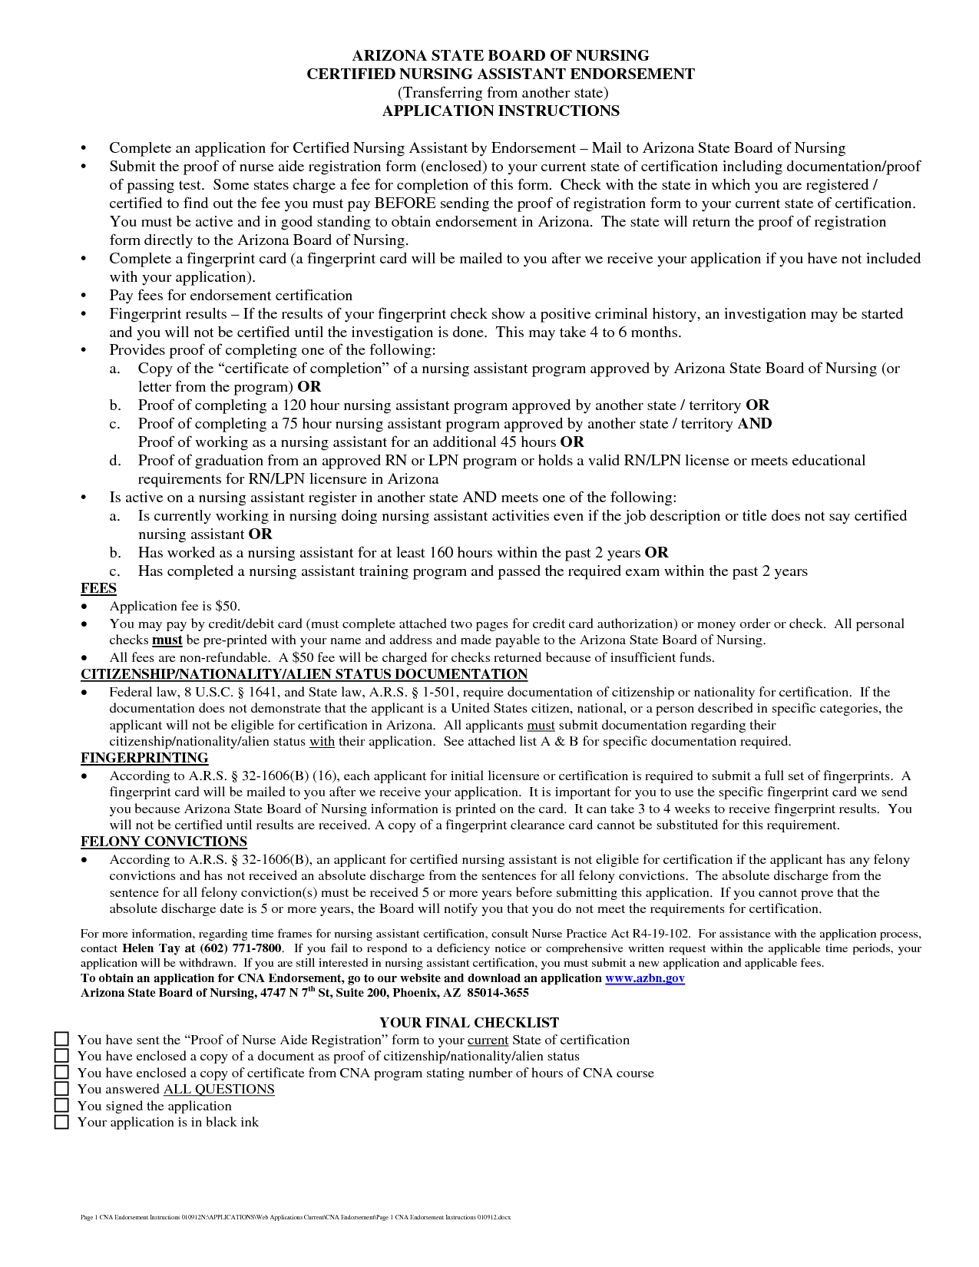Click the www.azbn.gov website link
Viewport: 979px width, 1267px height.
(x=644, y=978)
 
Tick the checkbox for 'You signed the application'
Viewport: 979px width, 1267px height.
(x=61, y=1106)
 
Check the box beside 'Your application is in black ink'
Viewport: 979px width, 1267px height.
(x=61, y=1122)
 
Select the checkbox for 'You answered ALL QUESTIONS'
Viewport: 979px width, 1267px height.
(x=61, y=1089)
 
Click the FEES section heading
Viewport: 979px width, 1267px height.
(x=98, y=589)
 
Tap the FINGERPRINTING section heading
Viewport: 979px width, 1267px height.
(x=144, y=758)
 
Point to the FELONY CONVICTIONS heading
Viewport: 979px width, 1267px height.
(x=164, y=842)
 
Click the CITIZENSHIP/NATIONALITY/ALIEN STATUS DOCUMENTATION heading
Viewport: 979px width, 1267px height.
(x=304, y=674)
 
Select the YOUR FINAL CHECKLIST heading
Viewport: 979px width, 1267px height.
(x=469, y=1023)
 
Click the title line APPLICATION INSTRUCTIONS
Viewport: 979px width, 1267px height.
(x=501, y=111)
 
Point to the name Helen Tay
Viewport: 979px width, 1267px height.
(x=151, y=948)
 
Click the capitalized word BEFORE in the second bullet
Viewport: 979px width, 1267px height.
(x=405, y=203)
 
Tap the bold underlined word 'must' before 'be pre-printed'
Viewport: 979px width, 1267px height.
(x=167, y=640)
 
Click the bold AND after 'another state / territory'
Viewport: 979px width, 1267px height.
(x=755, y=424)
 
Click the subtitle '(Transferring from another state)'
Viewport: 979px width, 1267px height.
(x=502, y=93)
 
